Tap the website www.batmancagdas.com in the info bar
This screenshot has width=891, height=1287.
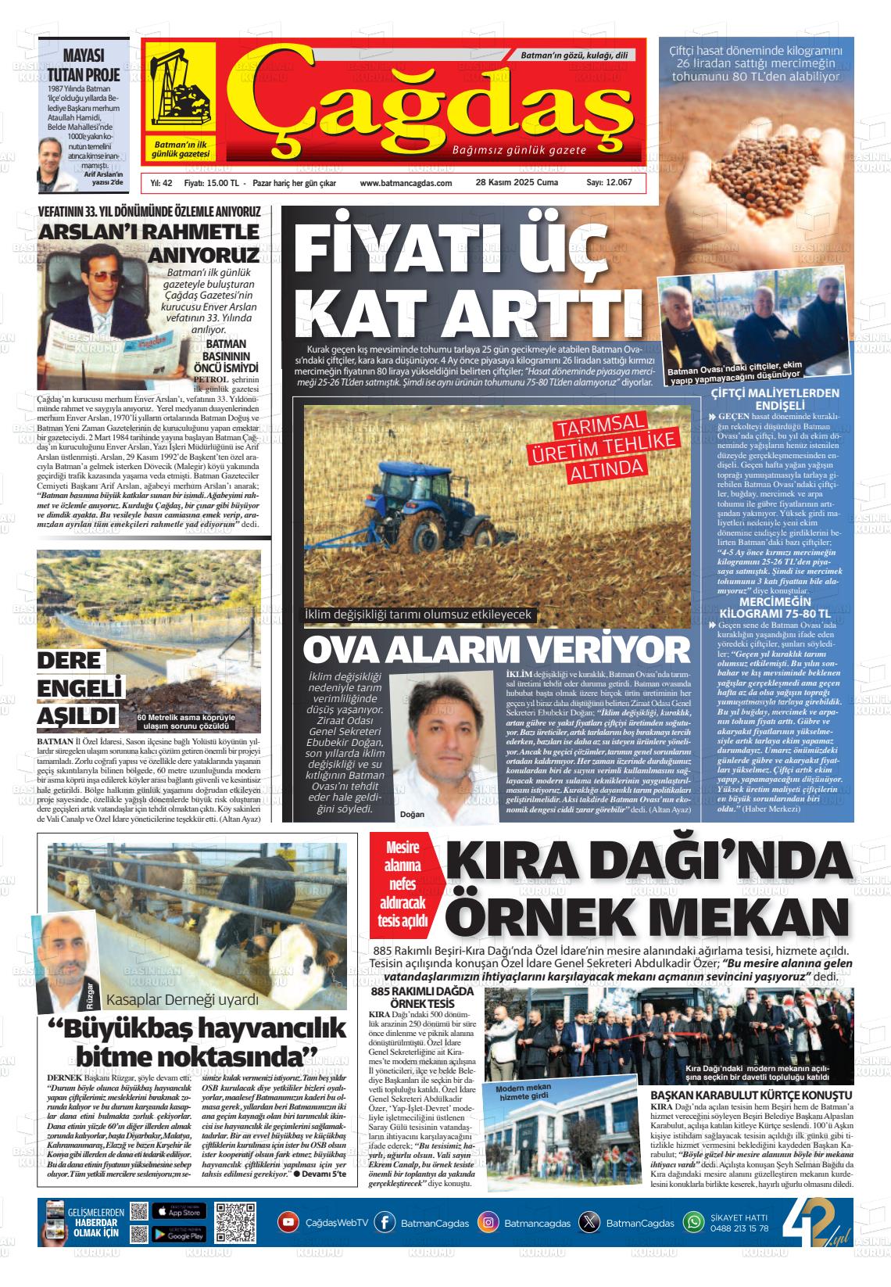point(406,183)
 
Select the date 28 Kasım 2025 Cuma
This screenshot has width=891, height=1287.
point(517,183)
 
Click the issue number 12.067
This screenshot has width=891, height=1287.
point(609,183)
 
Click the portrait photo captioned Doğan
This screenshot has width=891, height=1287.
point(443,747)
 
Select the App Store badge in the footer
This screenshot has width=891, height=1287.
point(179,1211)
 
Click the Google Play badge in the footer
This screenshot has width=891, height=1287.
point(179,1235)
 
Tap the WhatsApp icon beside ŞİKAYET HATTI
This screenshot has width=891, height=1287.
point(693,1222)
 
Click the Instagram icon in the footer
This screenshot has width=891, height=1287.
point(488,1223)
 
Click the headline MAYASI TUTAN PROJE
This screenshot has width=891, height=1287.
point(84,66)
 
